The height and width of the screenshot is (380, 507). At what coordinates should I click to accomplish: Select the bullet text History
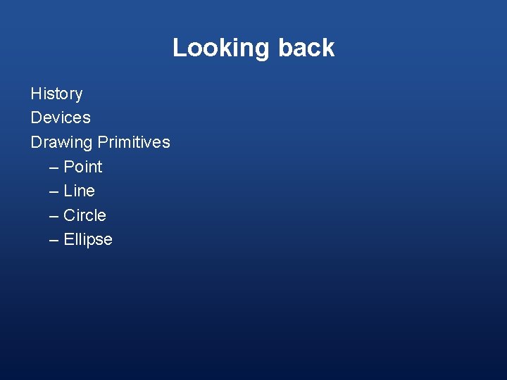pyautogui.click(x=56, y=94)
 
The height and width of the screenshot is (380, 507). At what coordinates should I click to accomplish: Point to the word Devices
pyautogui.click(x=61, y=118)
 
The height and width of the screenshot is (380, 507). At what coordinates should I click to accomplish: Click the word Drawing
pyautogui.click(x=61, y=142)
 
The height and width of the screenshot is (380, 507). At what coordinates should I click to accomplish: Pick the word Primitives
pyautogui.click(x=134, y=142)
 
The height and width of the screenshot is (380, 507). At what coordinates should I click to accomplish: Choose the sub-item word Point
pyautogui.click(x=82, y=167)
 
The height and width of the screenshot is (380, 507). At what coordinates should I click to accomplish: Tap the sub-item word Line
pyautogui.click(x=79, y=191)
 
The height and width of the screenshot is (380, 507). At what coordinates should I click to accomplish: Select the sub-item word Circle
pyautogui.click(x=84, y=215)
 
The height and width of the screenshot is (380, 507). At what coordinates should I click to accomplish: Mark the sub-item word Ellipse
pyautogui.click(x=87, y=239)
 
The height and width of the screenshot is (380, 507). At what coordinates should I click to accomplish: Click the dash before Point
pyautogui.click(x=54, y=167)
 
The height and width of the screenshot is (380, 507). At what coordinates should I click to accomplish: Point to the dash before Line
pyautogui.click(x=54, y=191)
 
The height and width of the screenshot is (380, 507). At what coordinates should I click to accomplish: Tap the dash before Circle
pyautogui.click(x=54, y=216)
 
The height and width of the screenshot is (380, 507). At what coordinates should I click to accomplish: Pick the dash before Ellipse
pyautogui.click(x=54, y=240)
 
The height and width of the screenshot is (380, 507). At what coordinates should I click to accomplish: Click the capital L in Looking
pyautogui.click(x=179, y=48)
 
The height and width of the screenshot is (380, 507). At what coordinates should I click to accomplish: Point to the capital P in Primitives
pyautogui.click(x=103, y=142)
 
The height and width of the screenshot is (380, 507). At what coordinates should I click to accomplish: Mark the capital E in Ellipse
pyautogui.click(x=68, y=239)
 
